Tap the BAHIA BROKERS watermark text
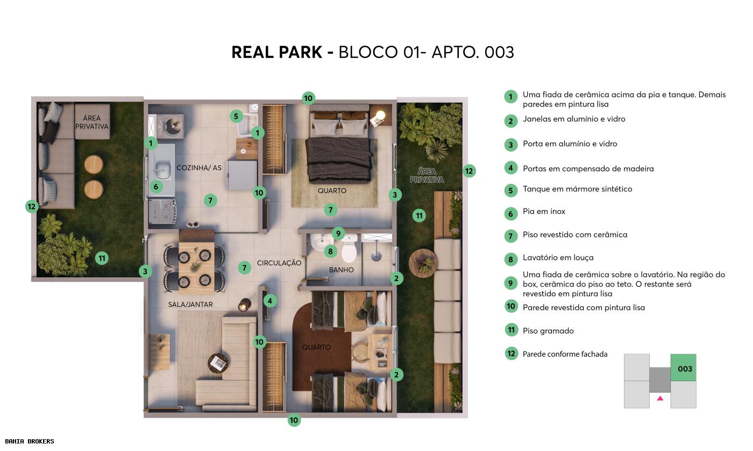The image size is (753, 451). pos(27,441)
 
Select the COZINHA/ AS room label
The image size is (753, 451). pos(199,168)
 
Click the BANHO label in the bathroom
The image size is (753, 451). pos(342,269)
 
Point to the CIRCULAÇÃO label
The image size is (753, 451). pos(279,263)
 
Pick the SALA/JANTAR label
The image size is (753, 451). pos(190,304)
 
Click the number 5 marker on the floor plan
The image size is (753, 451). pos(236,116)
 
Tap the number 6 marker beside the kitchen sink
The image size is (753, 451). pos(155,187)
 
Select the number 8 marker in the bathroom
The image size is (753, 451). pos(330,251)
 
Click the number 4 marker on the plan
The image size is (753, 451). pos(270,301)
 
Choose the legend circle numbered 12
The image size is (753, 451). pos(511,353)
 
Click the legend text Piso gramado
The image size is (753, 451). pos(548,331)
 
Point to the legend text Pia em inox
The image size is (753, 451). pos(544,211)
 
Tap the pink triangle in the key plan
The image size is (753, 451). pos(660,398)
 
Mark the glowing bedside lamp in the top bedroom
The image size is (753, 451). pos(380,115)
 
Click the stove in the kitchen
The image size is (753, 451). pos(162,210)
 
